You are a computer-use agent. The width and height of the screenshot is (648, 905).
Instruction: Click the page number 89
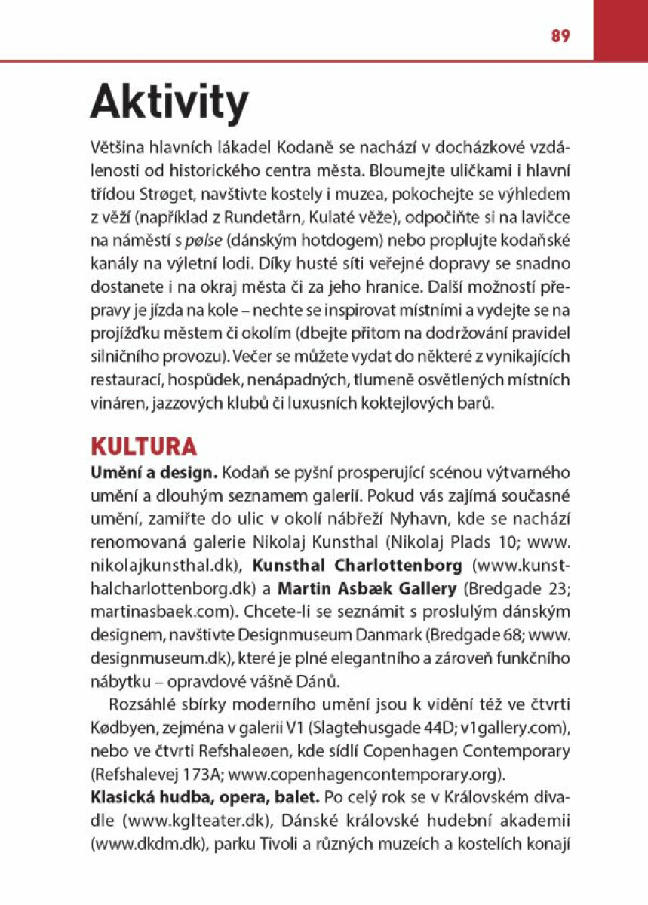560,36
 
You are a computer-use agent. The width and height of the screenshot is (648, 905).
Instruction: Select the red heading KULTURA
143,446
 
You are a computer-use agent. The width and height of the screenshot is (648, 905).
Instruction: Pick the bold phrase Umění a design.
154,474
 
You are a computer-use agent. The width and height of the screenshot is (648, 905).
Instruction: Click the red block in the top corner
620,30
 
